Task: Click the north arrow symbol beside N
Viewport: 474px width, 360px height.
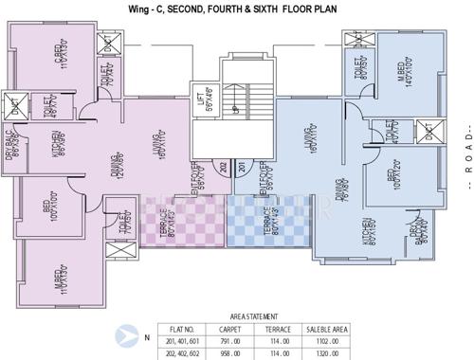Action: (124, 334)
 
